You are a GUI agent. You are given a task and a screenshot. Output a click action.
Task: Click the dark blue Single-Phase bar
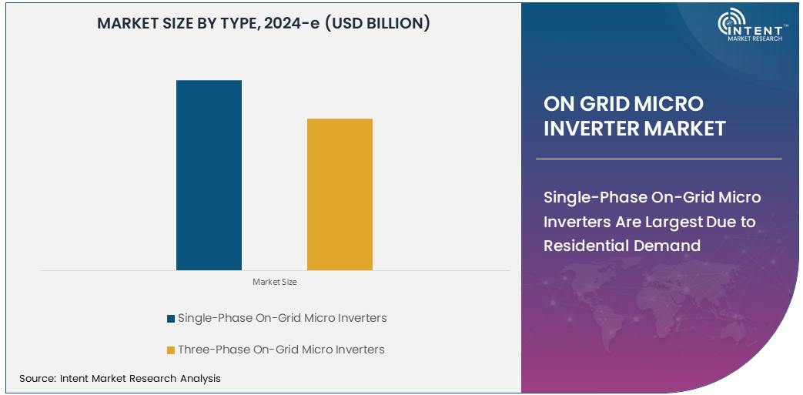click(x=209, y=175)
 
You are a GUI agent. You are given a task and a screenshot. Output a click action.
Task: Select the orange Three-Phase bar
click(x=340, y=194)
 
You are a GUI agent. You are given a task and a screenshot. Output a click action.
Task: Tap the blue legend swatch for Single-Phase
click(x=170, y=318)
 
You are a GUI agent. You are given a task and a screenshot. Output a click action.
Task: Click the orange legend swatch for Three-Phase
click(x=170, y=350)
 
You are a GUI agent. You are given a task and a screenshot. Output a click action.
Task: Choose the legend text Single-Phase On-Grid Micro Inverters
click(x=282, y=318)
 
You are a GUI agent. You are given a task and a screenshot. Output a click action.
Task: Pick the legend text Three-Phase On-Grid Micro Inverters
click(x=281, y=350)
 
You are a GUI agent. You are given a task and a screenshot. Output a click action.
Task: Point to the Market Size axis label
click(x=274, y=282)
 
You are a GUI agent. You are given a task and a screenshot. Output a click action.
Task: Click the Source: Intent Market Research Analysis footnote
click(x=120, y=378)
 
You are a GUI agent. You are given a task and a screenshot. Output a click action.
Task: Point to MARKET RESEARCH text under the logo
click(x=754, y=38)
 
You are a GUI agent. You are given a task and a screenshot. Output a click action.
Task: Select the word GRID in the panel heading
click(x=604, y=104)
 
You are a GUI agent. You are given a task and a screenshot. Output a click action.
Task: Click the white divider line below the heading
click(x=658, y=159)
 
